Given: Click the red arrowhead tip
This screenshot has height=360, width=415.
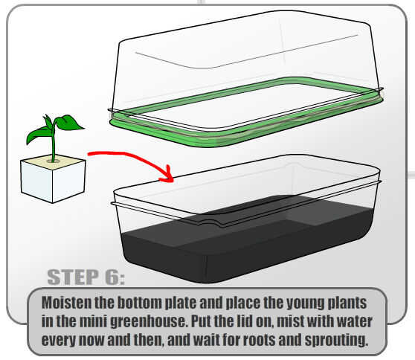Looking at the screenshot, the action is [x=173, y=181].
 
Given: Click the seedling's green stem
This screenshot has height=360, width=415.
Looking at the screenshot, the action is [x=54, y=143].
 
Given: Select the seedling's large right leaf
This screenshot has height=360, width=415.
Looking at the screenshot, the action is [x=69, y=122].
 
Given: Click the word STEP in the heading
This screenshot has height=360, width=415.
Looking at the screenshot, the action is [x=73, y=277].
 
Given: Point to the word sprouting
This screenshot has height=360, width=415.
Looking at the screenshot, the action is [x=336, y=341].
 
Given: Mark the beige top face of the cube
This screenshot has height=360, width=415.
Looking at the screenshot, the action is [x=53, y=161].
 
